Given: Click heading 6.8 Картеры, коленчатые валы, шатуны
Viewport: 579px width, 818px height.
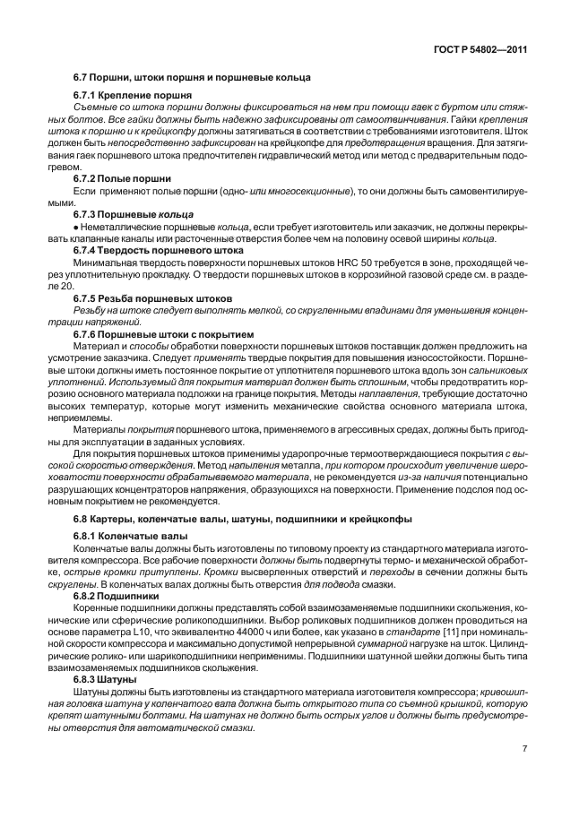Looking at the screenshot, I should (x=242, y=519).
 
